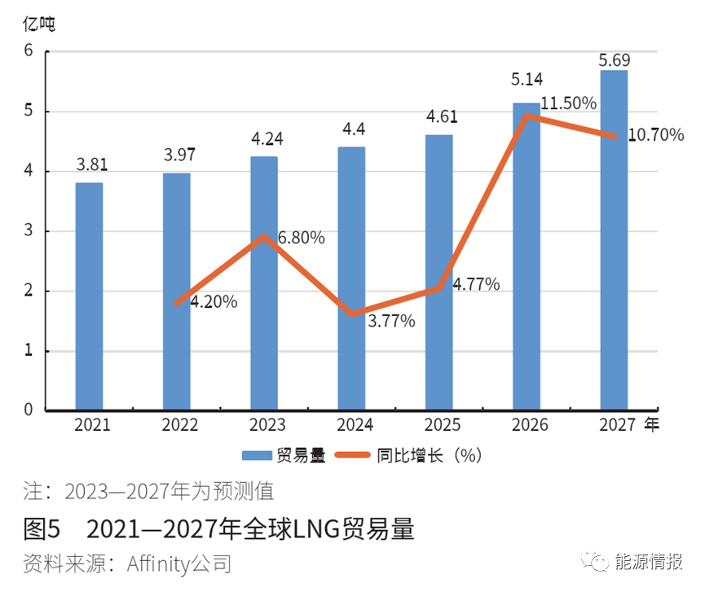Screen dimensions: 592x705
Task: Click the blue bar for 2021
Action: pos(89,296)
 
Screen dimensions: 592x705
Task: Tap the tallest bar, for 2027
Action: pos(614,239)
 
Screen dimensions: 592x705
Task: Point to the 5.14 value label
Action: pos(527,79)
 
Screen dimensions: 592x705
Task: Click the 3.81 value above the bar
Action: pos(91,164)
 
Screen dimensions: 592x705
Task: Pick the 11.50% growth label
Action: pos(569,103)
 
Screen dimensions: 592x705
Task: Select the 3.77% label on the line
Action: pos(391,321)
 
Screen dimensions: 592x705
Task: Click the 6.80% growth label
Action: pos(301,238)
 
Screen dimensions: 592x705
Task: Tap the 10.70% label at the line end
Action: pos(656,135)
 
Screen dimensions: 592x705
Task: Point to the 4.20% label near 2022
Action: pos(214,302)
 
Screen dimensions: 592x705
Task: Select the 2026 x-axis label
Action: pos(529,425)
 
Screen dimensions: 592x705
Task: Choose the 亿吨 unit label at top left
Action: pos(39,24)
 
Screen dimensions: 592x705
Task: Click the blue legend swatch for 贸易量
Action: pos(257,456)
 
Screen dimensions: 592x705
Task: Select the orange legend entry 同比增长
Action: pos(408,455)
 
